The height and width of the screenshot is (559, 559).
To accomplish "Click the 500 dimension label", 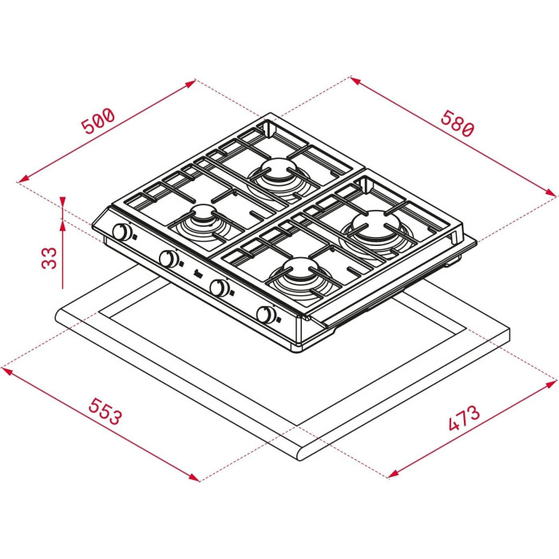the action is point(98,121).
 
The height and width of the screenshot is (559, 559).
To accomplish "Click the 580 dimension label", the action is point(458,123).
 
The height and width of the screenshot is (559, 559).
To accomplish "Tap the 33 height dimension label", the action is point(50,258).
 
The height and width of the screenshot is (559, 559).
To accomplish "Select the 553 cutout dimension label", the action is point(105,411).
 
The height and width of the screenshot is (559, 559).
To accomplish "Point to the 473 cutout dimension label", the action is point(464,418).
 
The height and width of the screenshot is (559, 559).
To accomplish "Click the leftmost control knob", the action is point(121,232).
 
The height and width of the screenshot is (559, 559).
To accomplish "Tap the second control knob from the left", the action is point(168,259).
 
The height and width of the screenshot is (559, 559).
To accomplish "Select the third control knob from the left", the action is point(219,287).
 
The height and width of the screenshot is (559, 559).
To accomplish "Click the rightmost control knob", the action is point(266,315).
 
